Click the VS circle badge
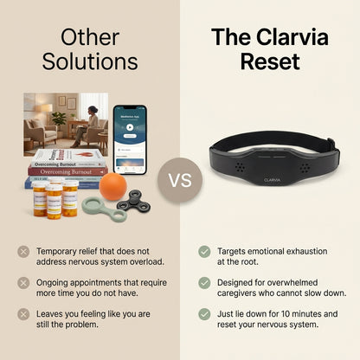coord(180,181)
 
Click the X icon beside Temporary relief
coord(22,252)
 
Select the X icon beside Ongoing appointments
coord(22,283)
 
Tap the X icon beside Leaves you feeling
coord(22,314)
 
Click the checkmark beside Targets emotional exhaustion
coord(204,252)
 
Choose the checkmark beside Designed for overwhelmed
coord(204,283)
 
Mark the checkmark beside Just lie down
coord(204,314)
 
